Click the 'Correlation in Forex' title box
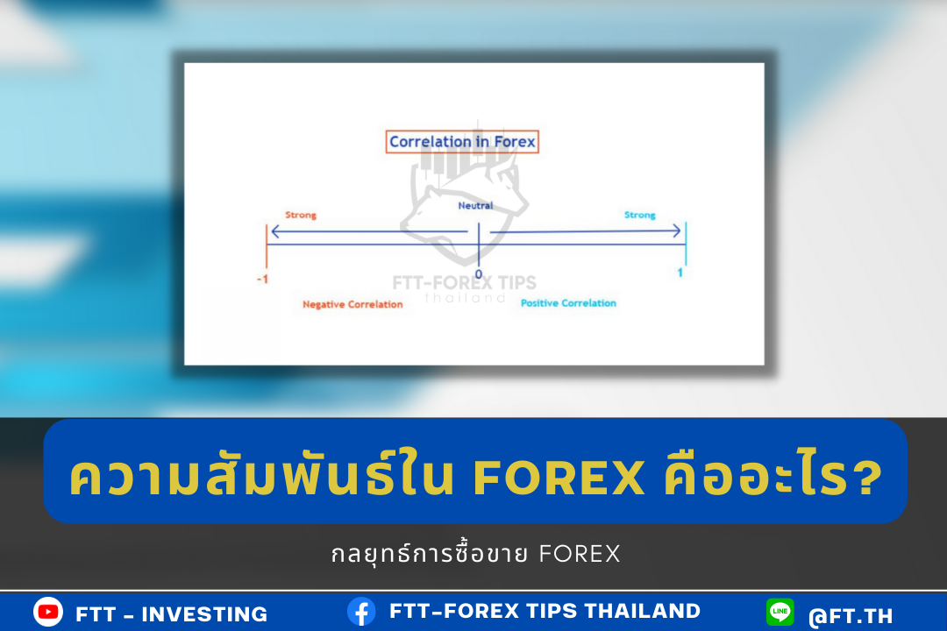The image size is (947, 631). pyautogui.click(x=462, y=142)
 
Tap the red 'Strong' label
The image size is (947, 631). pyautogui.click(x=301, y=215)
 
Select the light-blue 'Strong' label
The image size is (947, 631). pyautogui.click(x=639, y=215)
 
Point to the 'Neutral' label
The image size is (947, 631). pyautogui.click(x=475, y=205)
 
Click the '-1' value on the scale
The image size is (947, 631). pyautogui.click(x=263, y=279)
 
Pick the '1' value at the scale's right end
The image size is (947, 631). pyautogui.click(x=680, y=273)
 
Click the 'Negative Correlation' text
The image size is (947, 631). pyautogui.click(x=352, y=304)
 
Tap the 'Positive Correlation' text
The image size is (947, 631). pyautogui.click(x=568, y=303)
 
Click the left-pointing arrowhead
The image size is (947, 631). pyautogui.click(x=276, y=231)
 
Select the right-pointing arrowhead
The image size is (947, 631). pyautogui.click(x=676, y=230)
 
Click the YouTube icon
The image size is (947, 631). pyautogui.click(x=48, y=612)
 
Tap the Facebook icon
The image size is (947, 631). pyautogui.click(x=361, y=612)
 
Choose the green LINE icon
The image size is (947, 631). pyautogui.click(x=780, y=612)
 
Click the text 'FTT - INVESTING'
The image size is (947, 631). pyautogui.click(x=172, y=614)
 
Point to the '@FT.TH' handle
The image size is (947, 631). pyautogui.click(x=851, y=616)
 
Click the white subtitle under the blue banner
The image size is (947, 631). pyautogui.click(x=476, y=553)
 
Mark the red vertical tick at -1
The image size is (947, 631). pyautogui.click(x=267, y=245)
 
